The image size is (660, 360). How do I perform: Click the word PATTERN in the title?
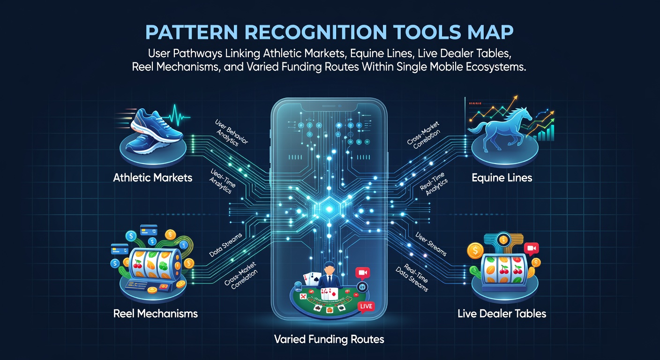point(192,32)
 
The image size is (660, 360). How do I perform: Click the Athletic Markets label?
point(153,178)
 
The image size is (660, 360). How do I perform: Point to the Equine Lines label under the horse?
point(502,178)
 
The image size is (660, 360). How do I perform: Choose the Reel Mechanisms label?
point(155,314)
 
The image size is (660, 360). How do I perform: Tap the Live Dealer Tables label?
point(502,314)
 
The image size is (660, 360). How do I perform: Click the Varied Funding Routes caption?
point(329,339)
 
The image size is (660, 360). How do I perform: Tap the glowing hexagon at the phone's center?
point(329,209)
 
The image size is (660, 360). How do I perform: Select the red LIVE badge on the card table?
point(366,307)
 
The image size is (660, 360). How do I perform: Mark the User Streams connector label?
point(431,244)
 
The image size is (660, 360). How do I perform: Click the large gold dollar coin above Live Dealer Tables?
point(475,251)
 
